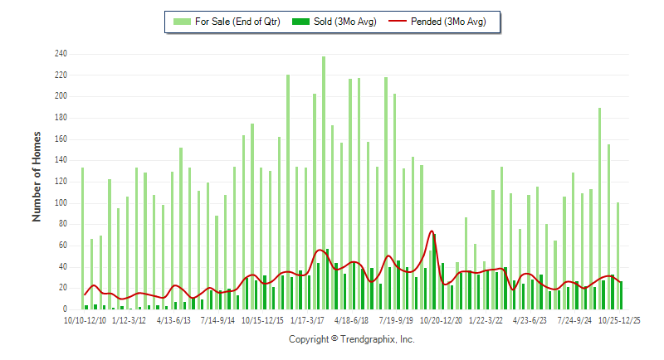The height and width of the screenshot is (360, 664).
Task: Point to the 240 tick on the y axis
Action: click(x=61, y=55)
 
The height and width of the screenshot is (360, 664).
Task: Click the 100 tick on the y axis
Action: click(x=61, y=203)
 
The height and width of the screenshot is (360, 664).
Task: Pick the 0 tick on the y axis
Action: click(x=65, y=309)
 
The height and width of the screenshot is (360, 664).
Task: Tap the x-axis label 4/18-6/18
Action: click(x=351, y=319)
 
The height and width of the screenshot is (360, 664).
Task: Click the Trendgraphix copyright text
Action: click(x=351, y=339)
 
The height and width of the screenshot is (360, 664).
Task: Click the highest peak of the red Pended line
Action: click(x=432, y=231)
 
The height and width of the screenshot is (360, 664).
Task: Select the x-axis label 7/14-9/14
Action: click(x=217, y=319)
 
